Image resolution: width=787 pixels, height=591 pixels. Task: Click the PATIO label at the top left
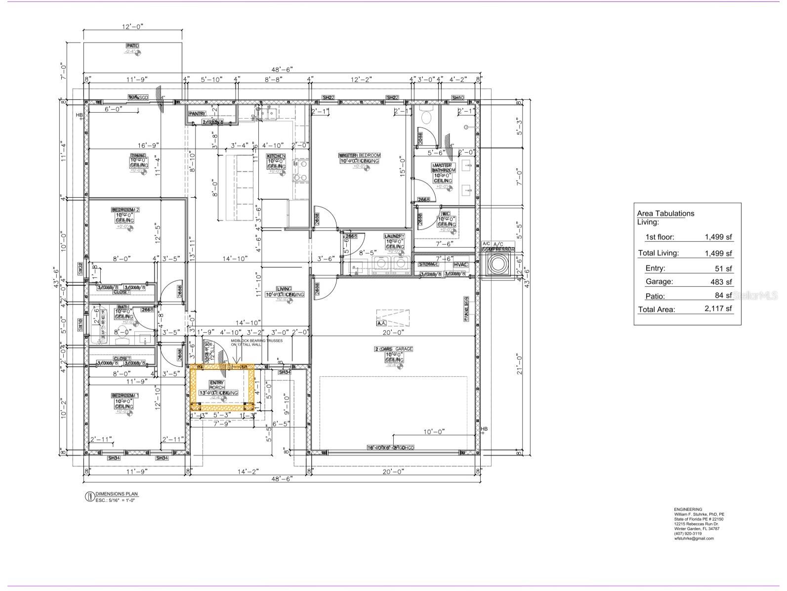pyautogui.click(x=132, y=45)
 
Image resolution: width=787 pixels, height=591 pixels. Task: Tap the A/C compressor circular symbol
pyautogui.click(x=497, y=265)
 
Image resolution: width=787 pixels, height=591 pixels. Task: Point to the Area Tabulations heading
pyautogui.click(x=665, y=213)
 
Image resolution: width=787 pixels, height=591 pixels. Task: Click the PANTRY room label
pyautogui.click(x=197, y=114)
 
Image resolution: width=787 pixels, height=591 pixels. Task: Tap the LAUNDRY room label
pyautogui.click(x=395, y=236)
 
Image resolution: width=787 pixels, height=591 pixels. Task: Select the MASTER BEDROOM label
pyautogui.click(x=359, y=155)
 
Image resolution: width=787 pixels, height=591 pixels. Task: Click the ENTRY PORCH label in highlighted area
pyautogui.click(x=216, y=385)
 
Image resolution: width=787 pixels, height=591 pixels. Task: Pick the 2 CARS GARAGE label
pyautogui.click(x=393, y=349)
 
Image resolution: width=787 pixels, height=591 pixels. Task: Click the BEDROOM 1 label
pyautogui.click(x=125, y=396)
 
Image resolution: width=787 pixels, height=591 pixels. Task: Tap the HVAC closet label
pyautogui.click(x=460, y=265)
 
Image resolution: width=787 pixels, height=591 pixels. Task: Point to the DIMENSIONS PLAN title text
pyautogui.click(x=117, y=494)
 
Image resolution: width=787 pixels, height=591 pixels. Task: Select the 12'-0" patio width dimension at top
pyautogui.click(x=132, y=27)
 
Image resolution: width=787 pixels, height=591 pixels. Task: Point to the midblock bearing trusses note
pyautogui.click(x=250, y=343)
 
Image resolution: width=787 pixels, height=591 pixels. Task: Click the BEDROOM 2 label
pyautogui.click(x=125, y=210)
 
